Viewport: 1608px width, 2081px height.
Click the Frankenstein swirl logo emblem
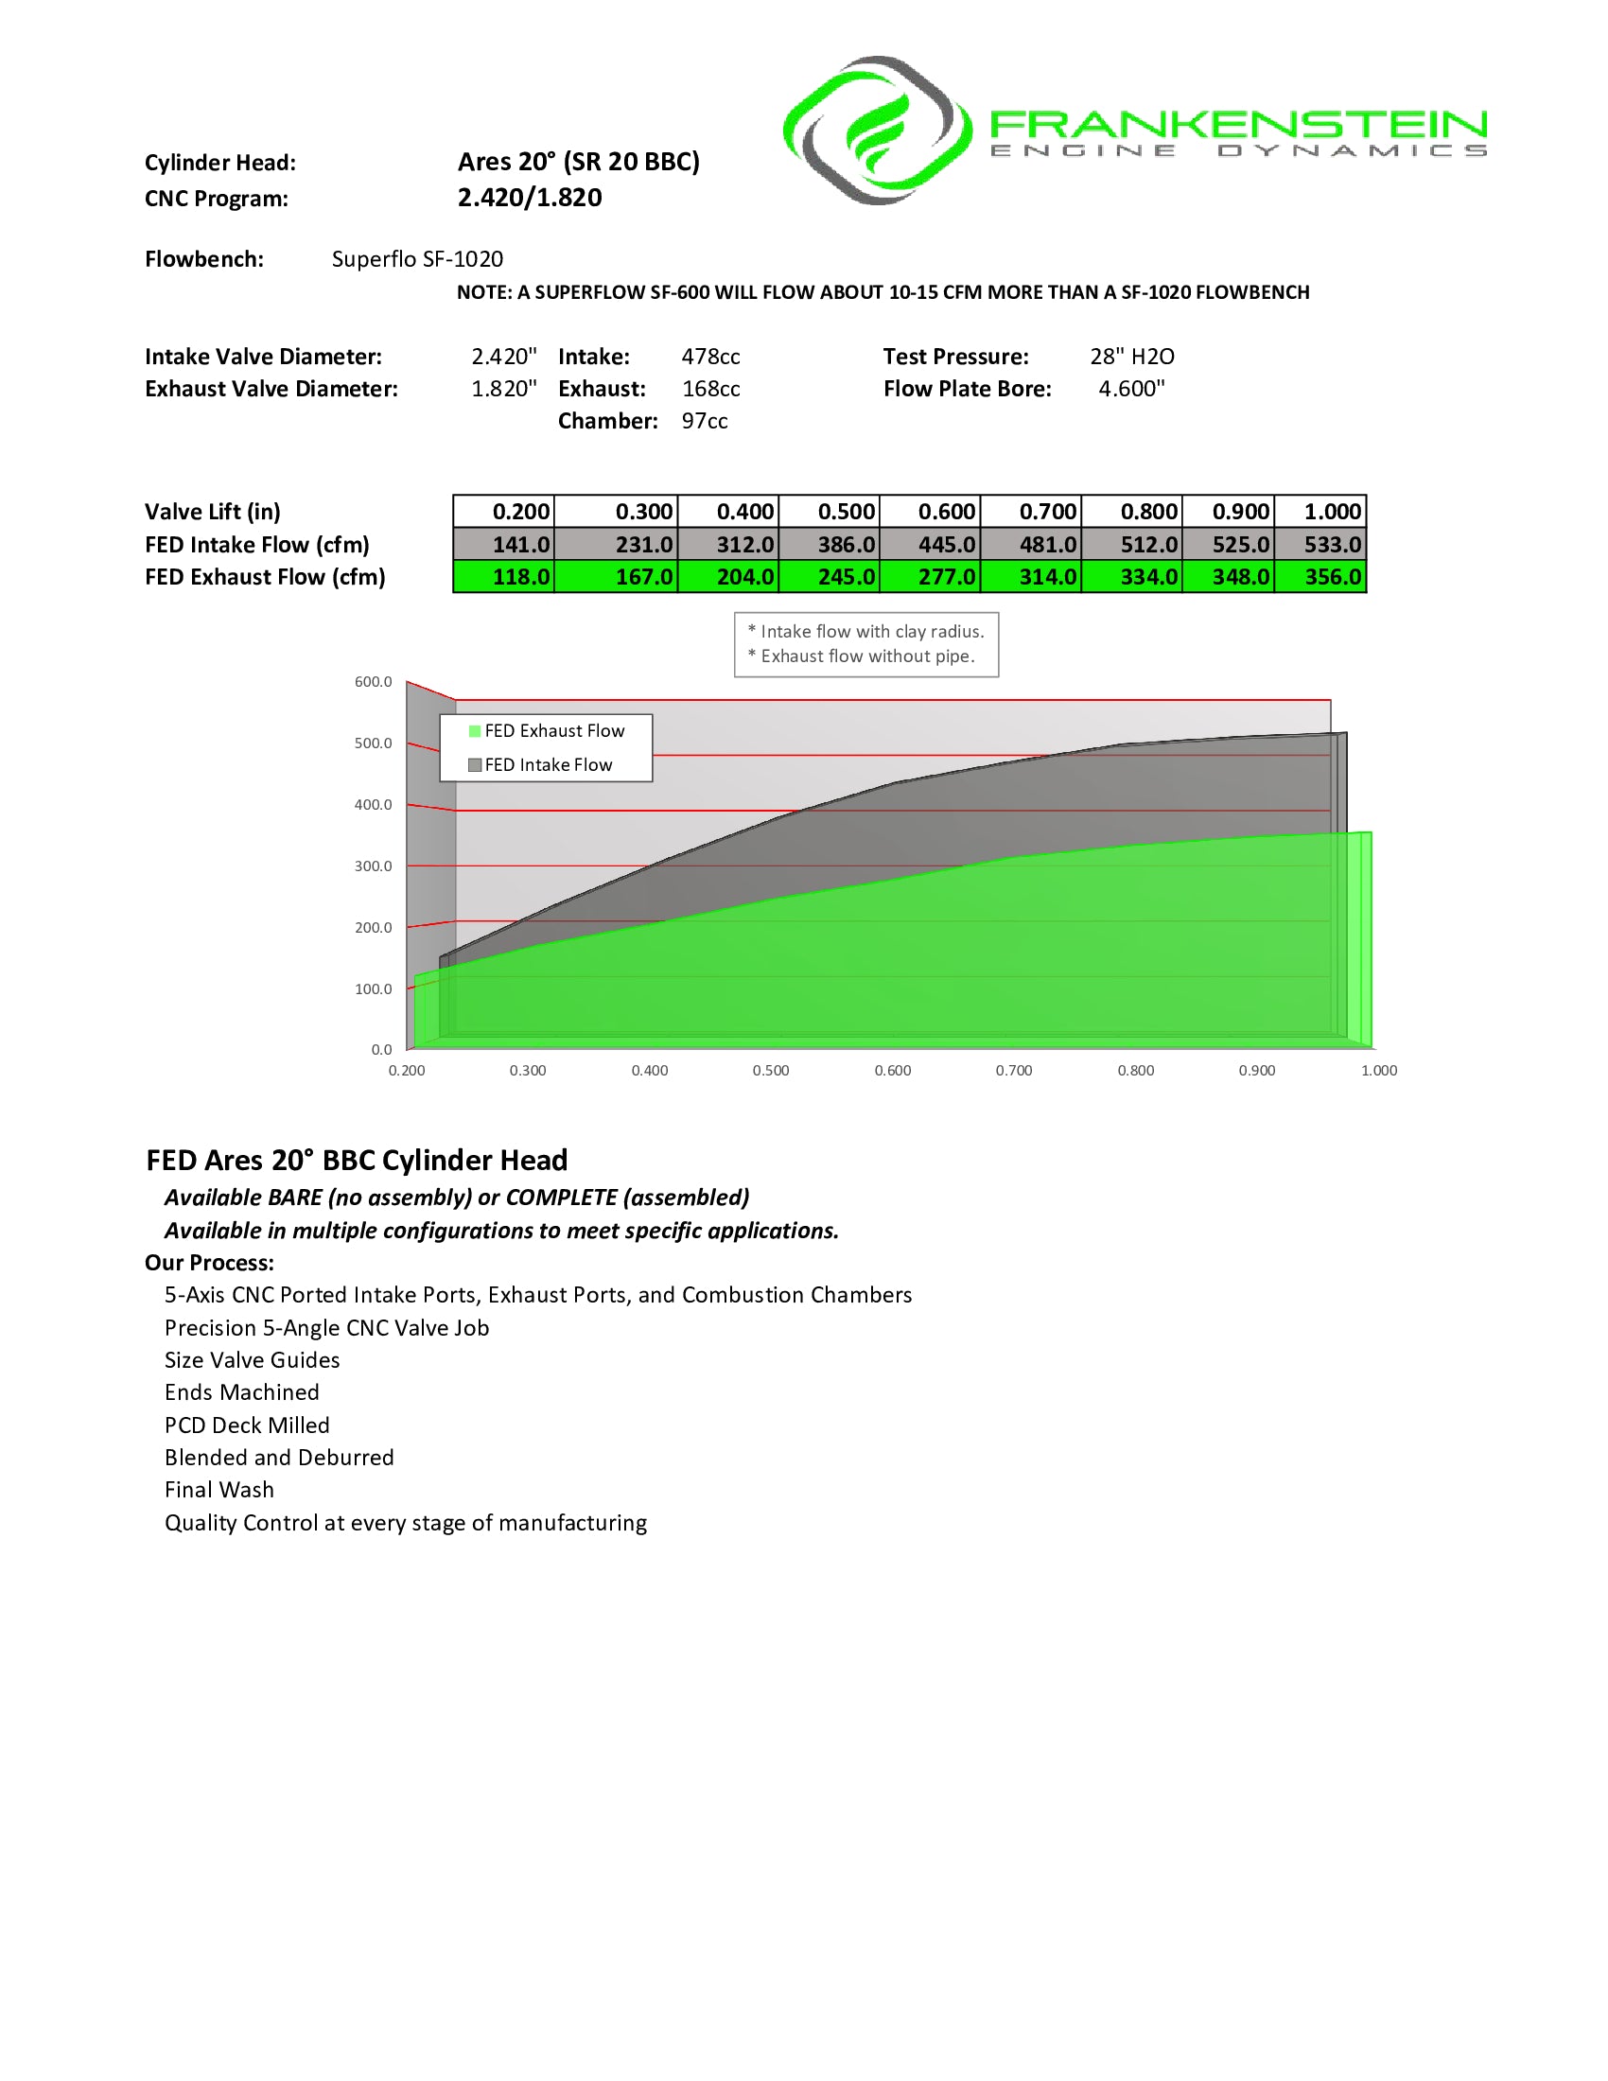coord(877,131)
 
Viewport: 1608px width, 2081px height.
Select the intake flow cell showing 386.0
coord(830,545)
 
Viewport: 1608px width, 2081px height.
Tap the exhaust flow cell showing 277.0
coord(931,577)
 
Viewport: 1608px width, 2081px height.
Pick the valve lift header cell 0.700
coord(1032,512)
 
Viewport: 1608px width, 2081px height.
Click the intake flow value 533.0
coord(1321,545)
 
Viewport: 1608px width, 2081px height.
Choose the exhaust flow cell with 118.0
coord(504,577)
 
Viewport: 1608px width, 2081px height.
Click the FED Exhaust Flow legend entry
coord(547,731)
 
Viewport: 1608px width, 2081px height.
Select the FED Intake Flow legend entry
coord(541,765)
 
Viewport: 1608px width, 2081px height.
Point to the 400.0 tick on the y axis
coord(373,805)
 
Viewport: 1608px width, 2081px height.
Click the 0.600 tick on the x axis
coord(893,1071)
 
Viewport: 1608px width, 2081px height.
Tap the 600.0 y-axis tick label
coord(373,682)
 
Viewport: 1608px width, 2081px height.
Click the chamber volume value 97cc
coord(705,421)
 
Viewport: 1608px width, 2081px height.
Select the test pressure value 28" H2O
coord(1131,357)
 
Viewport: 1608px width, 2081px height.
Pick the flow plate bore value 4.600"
coord(1131,389)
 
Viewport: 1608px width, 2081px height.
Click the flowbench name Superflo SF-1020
coord(417,259)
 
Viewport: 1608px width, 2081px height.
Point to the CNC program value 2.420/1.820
coord(530,199)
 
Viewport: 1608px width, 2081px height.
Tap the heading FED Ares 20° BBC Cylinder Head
coord(358,1161)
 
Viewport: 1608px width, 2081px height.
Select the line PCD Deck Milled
coord(247,1425)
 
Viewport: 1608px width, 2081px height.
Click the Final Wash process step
coord(219,1490)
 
